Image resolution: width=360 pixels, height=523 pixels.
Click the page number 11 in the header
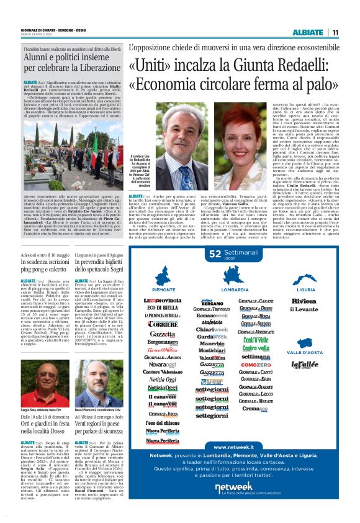335,33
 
